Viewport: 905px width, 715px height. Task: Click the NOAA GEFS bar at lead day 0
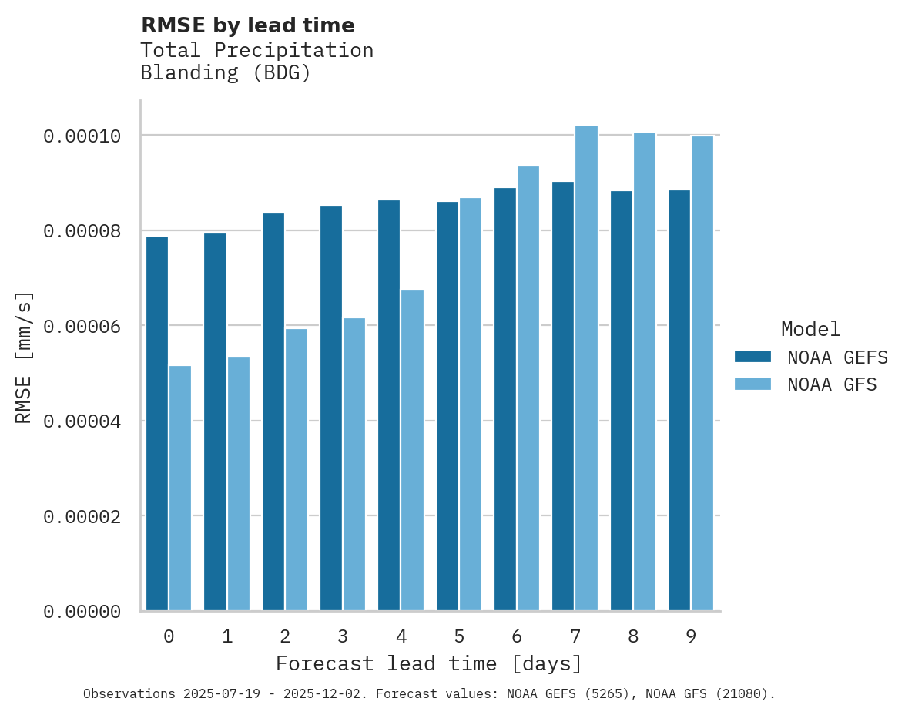(157, 424)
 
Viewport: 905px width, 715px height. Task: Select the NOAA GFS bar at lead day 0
(180, 488)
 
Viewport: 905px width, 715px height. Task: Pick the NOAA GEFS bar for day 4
(389, 405)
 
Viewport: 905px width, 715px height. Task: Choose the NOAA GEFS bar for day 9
(679, 401)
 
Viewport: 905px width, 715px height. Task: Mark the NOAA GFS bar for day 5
(471, 404)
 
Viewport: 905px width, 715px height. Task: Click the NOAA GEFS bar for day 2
(273, 412)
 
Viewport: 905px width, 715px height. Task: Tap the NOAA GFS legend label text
(832, 384)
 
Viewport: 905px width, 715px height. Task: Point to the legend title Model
(810, 329)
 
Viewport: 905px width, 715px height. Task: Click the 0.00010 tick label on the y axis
(82, 136)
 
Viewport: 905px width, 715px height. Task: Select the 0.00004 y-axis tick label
(82, 421)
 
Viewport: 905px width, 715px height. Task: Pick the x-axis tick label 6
(517, 636)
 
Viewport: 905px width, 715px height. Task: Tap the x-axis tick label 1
(226, 636)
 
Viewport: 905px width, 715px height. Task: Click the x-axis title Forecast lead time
(429, 663)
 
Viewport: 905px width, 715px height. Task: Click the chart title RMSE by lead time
(248, 25)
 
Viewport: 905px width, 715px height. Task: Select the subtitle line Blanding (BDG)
(226, 73)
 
